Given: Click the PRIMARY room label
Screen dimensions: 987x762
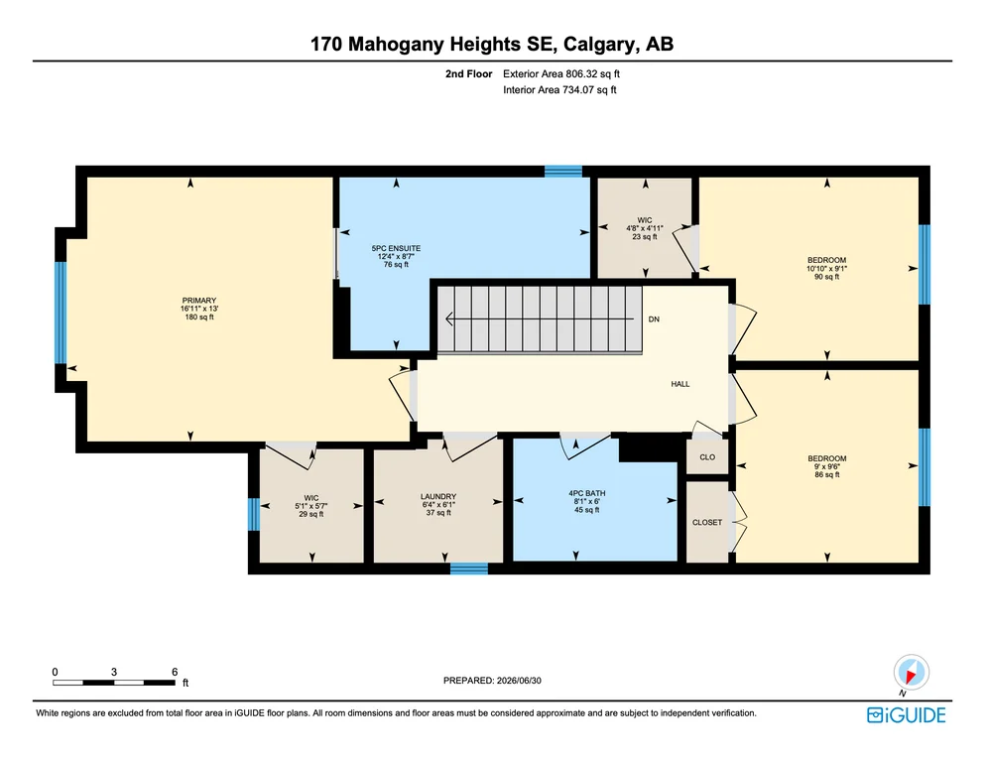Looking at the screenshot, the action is click(x=199, y=301).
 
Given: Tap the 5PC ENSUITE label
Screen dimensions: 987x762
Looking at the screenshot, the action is click(x=396, y=248).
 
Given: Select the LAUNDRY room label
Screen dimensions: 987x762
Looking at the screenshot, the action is click(x=438, y=496).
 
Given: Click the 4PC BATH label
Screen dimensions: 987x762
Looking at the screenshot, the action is click(x=586, y=493).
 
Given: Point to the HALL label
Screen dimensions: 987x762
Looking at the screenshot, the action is click(x=680, y=384).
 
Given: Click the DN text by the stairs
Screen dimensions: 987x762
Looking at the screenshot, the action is click(x=654, y=319).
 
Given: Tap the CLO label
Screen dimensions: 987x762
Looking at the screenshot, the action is click(x=707, y=457).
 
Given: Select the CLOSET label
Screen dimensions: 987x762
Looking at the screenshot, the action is click(x=707, y=522).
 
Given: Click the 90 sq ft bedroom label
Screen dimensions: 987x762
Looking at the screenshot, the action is click(x=827, y=260).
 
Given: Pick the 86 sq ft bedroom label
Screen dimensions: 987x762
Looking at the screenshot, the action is click(x=827, y=458).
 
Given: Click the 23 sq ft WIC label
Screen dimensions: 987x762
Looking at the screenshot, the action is click(x=645, y=220).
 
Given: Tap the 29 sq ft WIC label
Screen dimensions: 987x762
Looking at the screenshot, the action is click(x=310, y=497).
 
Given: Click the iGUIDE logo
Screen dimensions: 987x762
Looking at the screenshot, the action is click(x=907, y=715).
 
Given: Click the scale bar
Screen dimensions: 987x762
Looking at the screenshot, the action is click(x=114, y=683).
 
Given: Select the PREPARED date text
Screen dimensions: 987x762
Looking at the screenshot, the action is click(x=492, y=680).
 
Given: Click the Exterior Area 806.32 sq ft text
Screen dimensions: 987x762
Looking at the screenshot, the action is click(x=561, y=73).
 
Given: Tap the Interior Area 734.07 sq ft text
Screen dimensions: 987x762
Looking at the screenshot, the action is click(x=559, y=90).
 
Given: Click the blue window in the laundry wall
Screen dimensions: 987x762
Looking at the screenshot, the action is click(x=469, y=569).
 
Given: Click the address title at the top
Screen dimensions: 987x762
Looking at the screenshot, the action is click(x=492, y=44).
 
